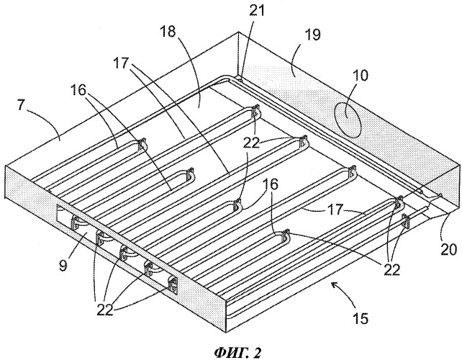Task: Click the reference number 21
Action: pyautogui.click(x=257, y=11)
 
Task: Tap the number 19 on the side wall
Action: pyautogui.click(x=312, y=35)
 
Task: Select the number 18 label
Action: pyautogui.click(x=168, y=32)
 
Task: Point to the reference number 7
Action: pyautogui.click(x=21, y=104)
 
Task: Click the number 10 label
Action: pyautogui.click(x=360, y=75)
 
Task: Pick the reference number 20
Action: pyautogui.click(x=449, y=248)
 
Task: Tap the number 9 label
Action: pyautogui.click(x=63, y=264)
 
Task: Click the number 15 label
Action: pyautogui.click(x=361, y=318)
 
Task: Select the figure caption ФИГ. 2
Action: pyautogui.click(x=237, y=352)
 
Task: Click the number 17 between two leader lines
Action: pyautogui.click(x=335, y=210)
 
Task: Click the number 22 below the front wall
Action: pyautogui.click(x=104, y=310)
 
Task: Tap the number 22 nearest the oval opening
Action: pyautogui.click(x=251, y=143)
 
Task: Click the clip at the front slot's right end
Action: pyautogui.click(x=173, y=284)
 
